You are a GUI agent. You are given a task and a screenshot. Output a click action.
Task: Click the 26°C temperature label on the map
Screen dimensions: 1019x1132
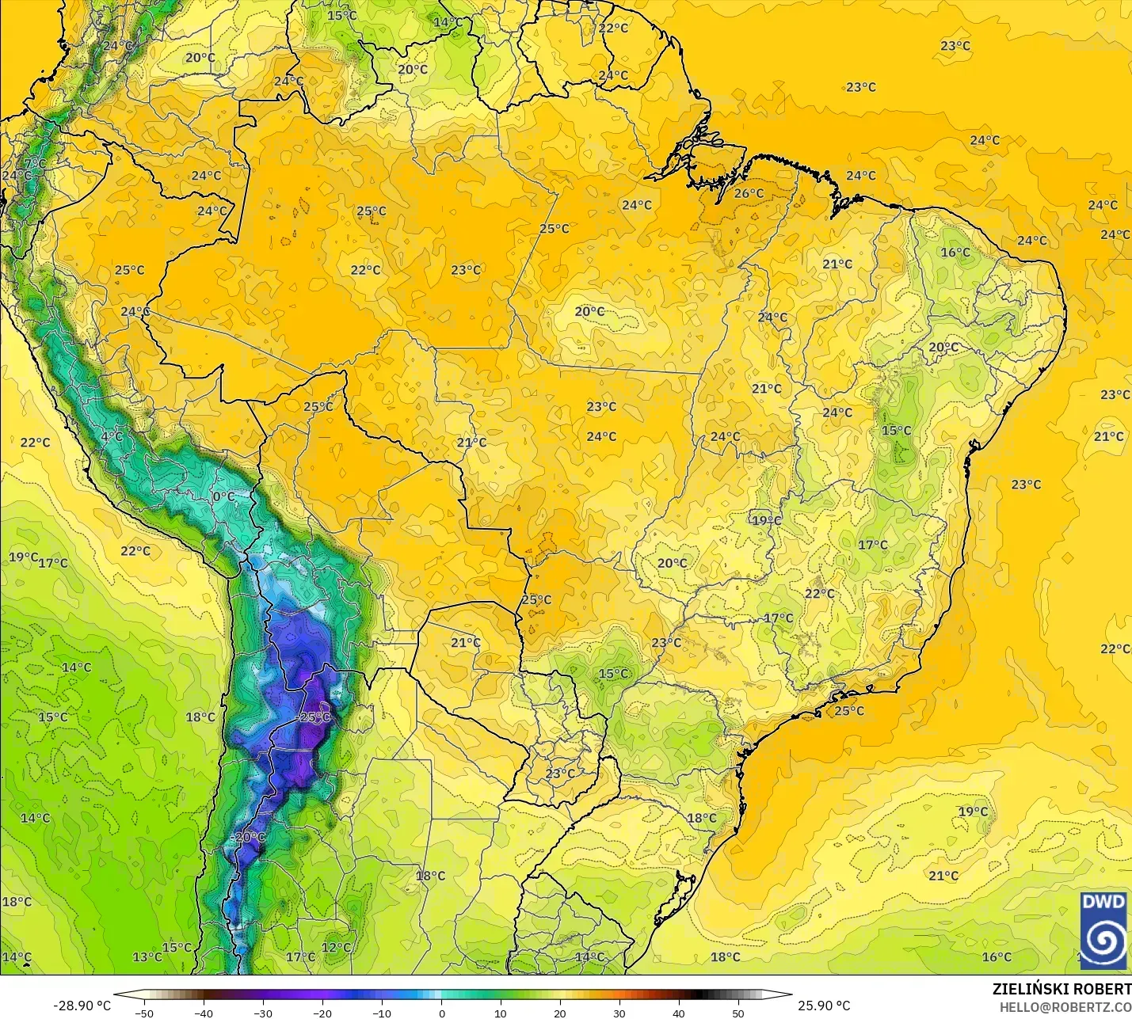click(x=749, y=193)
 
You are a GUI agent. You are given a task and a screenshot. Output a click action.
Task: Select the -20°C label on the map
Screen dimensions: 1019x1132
click(x=248, y=837)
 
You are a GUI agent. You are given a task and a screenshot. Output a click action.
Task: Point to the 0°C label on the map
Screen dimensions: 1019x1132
click(x=223, y=496)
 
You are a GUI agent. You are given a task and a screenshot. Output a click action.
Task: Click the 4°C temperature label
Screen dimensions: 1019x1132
click(x=112, y=436)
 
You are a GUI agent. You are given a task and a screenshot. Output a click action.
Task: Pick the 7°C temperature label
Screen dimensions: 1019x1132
click(x=35, y=163)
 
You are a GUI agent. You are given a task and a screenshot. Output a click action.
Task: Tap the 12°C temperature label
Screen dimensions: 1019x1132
click(x=336, y=947)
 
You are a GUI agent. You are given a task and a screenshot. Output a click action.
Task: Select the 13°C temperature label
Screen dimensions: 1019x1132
click(x=147, y=956)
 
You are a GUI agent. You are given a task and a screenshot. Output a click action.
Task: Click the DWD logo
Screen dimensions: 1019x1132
click(x=1103, y=930)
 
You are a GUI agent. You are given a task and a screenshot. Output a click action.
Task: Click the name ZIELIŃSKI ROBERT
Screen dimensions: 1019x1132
click(x=1061, y=989)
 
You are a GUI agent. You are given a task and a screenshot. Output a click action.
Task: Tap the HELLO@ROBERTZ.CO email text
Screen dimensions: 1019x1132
click(x=1065, y=1007)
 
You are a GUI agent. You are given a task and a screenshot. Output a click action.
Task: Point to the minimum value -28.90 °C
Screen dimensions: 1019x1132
click(x=82, y=1006)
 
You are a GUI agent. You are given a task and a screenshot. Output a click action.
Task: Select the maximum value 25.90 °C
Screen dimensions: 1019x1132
click(x=824, y=1006)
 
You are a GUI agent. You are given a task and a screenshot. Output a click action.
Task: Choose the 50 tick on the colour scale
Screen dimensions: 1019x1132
click(x=738, y=1013)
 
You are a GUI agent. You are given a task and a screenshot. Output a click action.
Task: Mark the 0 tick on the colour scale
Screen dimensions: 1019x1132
click(x=441, y=1013)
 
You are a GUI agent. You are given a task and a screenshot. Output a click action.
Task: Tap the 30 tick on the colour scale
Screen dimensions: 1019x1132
click(x=619, y=1013)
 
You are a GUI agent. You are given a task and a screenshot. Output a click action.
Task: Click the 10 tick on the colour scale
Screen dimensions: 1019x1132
click(x=501, y=1013)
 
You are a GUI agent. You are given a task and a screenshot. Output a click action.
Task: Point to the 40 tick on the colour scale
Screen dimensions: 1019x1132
click(x=679, y=1013)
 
